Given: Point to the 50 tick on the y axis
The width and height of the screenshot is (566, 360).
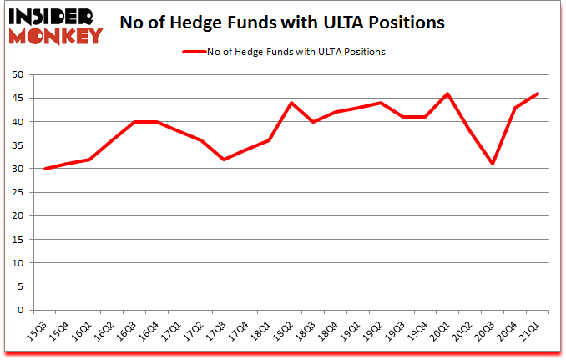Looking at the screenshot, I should click(17, 74).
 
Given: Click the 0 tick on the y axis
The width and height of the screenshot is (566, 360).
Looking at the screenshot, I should click(19, 310).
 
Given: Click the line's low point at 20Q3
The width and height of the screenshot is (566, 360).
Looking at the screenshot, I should click(493, 164).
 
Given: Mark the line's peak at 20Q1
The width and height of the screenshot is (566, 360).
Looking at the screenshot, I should click(447, 94).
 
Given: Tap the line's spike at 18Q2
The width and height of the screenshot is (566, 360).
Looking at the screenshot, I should click(291, 103).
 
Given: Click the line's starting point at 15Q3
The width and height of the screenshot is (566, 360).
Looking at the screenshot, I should click(45, 169).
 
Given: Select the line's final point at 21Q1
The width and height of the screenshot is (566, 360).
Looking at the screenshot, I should click(537, 94).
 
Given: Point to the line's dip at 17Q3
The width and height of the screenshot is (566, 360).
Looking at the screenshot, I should click(224, 160).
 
